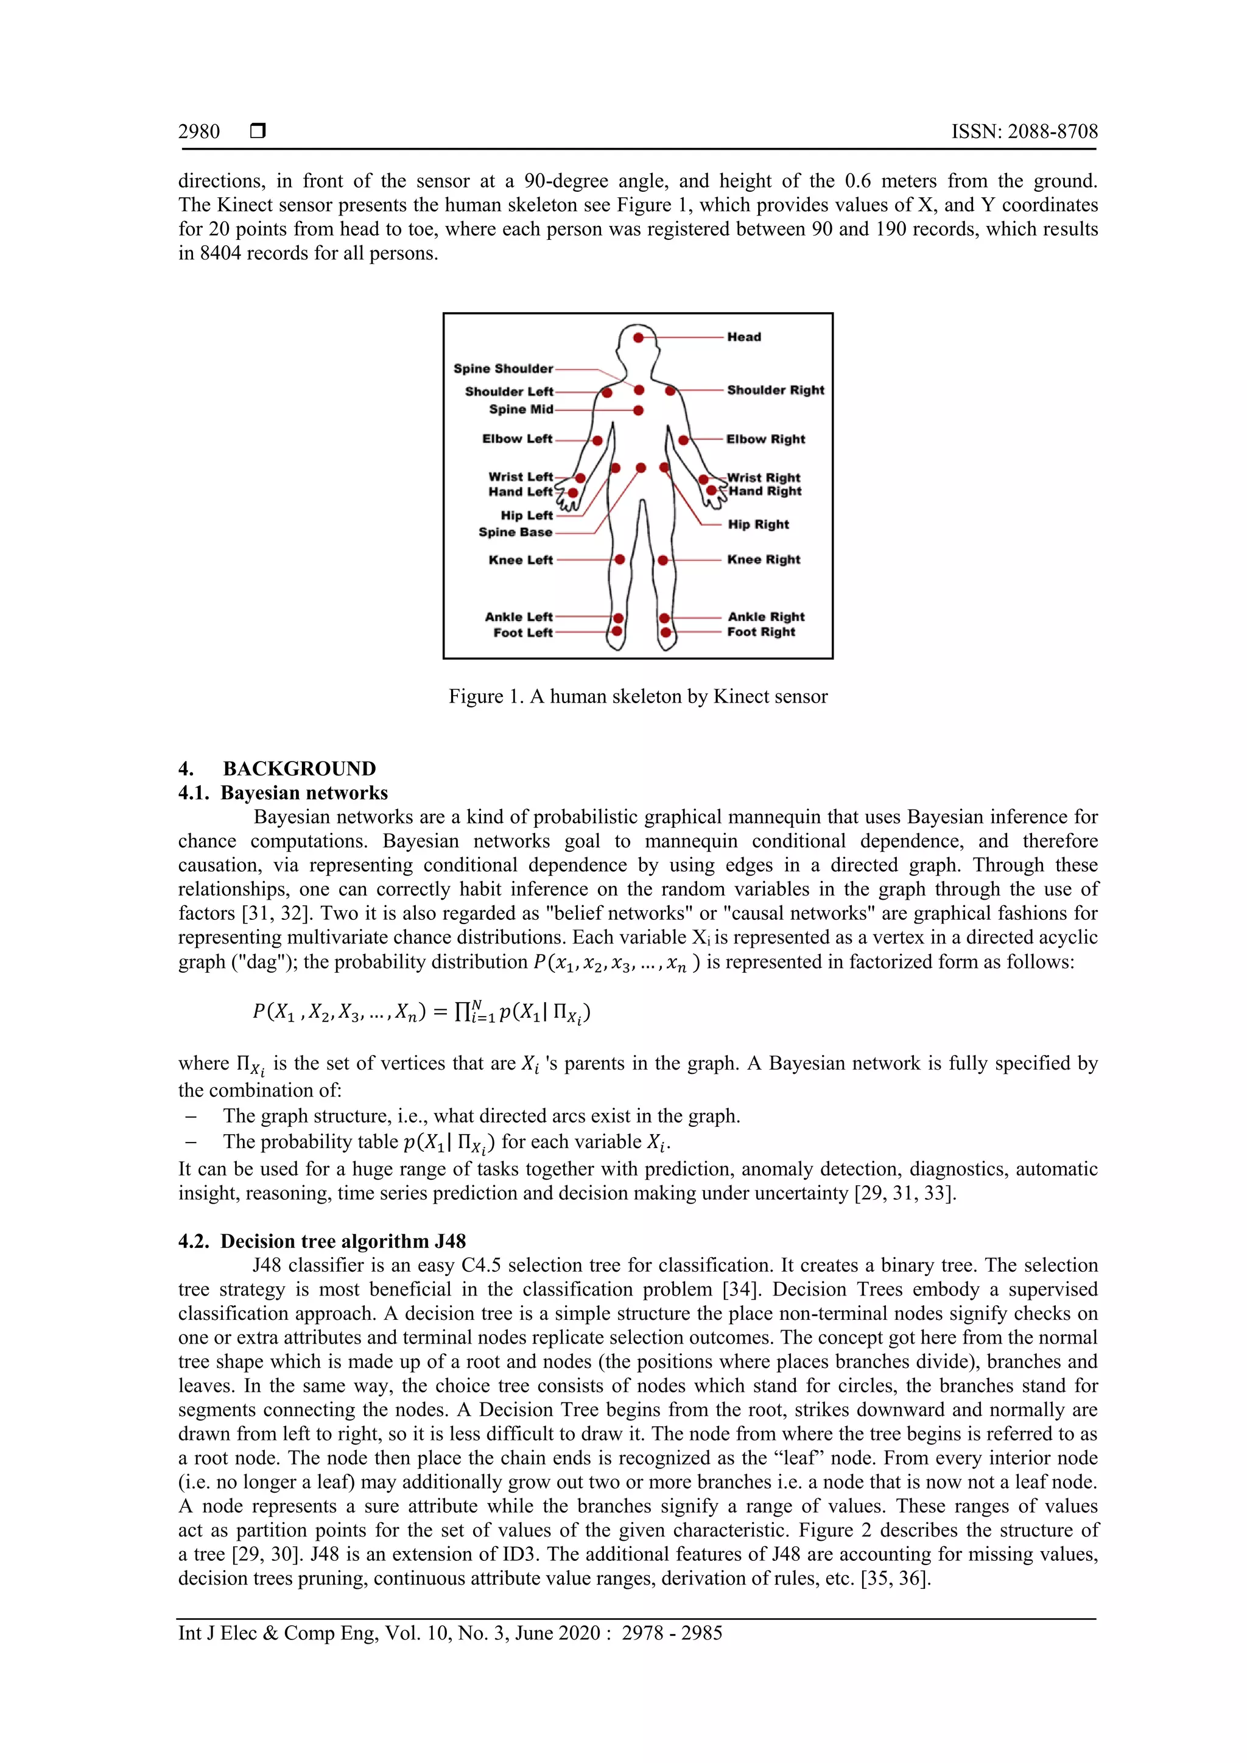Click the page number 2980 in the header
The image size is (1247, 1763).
[199, 131]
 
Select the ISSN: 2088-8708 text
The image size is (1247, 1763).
[1024, 131]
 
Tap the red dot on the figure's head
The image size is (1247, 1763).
[638, 338]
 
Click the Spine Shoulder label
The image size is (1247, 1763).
[503, 368]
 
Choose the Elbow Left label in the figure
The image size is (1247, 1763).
[517, 439]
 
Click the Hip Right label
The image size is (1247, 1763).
[758, 524]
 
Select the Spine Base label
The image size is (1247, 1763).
[515, 532]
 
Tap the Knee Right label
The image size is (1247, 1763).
[764, 560]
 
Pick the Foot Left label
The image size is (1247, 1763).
[523, 633]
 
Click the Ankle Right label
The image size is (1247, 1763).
[765, 617]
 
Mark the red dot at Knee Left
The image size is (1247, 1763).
[620, 560]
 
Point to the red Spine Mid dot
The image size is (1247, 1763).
[638, 410]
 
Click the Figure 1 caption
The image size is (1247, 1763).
[638, 696]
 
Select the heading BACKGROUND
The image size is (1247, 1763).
[300, 769]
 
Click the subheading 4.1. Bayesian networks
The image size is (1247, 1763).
[283, 793]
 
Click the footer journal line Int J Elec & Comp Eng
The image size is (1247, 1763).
[450, 1633]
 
